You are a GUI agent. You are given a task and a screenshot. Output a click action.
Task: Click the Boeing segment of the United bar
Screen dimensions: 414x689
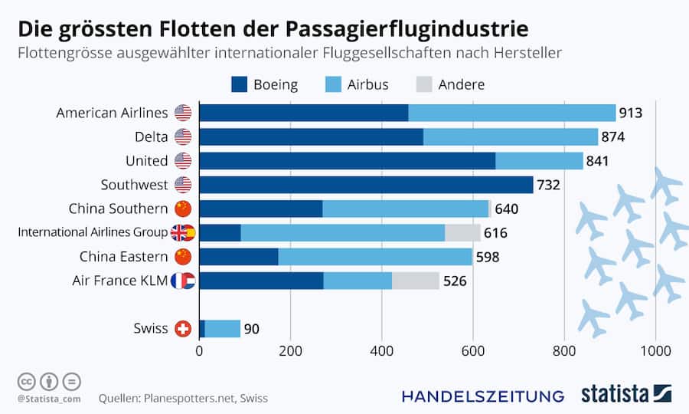point(347,161)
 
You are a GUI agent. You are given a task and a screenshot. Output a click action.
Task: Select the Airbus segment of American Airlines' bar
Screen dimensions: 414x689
point(511,113)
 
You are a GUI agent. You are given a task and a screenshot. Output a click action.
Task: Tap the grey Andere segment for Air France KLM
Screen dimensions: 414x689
point(416,281)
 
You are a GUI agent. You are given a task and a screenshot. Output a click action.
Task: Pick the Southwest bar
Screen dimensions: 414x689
point(366,185)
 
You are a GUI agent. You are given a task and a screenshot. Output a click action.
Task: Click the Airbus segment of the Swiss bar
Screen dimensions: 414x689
point(223,328)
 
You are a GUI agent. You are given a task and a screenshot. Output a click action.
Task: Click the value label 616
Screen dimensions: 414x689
point(495,233)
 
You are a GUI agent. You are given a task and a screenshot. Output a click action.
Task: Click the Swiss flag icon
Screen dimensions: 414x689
point(183,328)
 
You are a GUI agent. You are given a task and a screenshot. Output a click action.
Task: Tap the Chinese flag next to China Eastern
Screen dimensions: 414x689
point(183,256)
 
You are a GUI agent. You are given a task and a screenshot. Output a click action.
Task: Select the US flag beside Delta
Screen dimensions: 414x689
point(183,137)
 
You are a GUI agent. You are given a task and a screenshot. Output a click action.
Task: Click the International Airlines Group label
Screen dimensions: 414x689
point(92,232)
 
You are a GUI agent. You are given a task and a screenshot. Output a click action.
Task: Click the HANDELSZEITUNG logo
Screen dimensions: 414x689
point(483,396)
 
